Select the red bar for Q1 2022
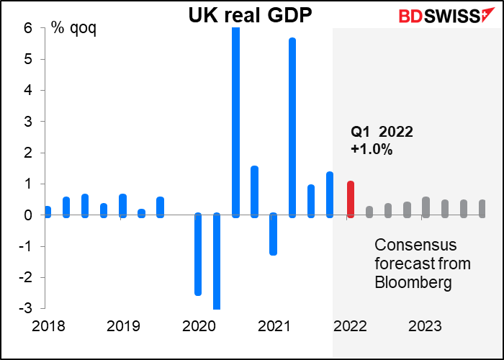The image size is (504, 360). (x=351, y=199)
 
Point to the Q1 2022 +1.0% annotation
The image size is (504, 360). (x=382, y=140)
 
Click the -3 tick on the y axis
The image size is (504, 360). (x=27, y=308)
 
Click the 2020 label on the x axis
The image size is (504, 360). (x=199, y=326)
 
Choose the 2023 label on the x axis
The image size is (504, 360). (x=425, y=326)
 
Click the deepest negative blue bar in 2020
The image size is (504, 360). (x=217, y=262)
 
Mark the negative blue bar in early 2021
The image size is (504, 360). (x=273, y=234)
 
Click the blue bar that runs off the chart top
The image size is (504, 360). (x=235, y=122)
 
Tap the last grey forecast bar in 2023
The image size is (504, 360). (x=482, y=209)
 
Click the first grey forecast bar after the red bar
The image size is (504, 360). (x=369, y=212)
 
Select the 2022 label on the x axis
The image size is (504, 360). (x=348, y=326)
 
